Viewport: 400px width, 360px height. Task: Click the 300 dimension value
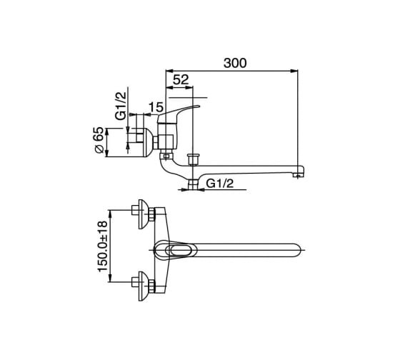pyautogui.click(x=235, y=63)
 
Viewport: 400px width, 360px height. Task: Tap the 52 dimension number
pyautogui.click(x=181, y=79)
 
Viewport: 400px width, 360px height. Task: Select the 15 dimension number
pyautogui.click(x=156, y=107)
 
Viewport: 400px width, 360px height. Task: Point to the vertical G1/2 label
pyautogui.click(x=121, y=106)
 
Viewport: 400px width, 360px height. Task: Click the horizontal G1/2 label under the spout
pyautogui.click(x=220, y=183)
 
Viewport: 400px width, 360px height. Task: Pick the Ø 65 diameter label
pyautogui.click(x=99, y=140)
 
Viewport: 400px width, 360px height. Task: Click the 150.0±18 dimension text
pyautogui.click(x=103, y=246)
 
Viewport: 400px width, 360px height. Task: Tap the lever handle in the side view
pyautogui.click(x=179, y=112)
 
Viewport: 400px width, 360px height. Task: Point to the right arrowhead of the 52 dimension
pyautogui.click(x=189, y=88)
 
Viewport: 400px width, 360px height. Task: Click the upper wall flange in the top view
pyautogui.click(x=143, y=214)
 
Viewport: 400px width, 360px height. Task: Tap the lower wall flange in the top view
pyautogui.click(x=143, y=286)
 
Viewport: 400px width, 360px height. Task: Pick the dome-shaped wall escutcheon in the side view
pyautogui.click(x=148, y=142)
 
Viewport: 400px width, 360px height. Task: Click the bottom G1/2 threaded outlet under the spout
pyautogui.click(x=193, y=184)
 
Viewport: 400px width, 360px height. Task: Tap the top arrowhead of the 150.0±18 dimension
pyautogui.click(x=110, y=214)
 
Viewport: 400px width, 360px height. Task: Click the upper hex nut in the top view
pyautogui.click(x=152, y=214)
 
